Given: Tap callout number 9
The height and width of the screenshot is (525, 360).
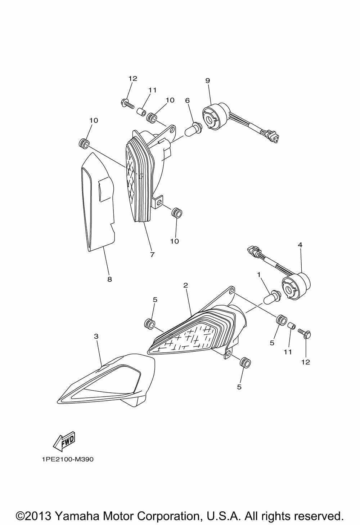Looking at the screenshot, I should pyautogui.click(x=207, y=81).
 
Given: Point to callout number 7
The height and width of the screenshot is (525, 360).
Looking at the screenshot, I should pyautogui.click(x=152, y=254).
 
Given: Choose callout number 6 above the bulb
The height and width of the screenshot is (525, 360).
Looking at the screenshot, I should pyautogui.click(x=187, y=101).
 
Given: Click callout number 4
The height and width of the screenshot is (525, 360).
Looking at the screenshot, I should pyautogui.click(x=300, y=245).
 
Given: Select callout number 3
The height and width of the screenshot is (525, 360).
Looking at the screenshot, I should pyautogui.click(x=96, y=336).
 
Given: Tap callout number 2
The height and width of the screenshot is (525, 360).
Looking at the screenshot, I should pyautogui.click(x=185, y=285).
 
